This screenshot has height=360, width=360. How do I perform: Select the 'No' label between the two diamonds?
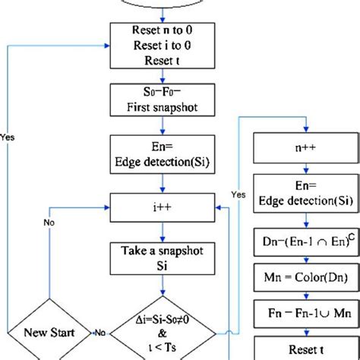coord(99,354)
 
